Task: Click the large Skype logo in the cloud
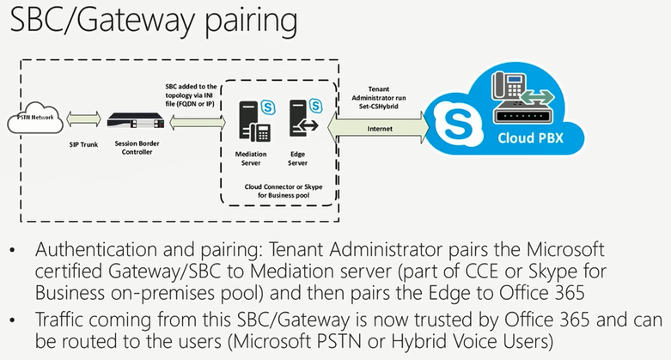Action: pyautogui.click(x=452, y=120)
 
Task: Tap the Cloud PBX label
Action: pyautogui.click(x=525, y=137)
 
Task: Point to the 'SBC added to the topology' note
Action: pyautogui.click(x=192, y=90)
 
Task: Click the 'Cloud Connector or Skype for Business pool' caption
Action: pyautogui.click(x=282, y=190)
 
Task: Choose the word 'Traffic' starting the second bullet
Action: pyautogui.click(x=61, y=320)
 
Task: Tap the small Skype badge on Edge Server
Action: pyautogui.click(x=317, y=107)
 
